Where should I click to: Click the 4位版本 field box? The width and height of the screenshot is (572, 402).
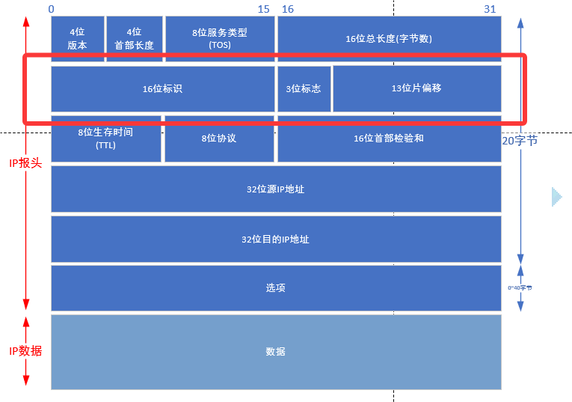(77, 38)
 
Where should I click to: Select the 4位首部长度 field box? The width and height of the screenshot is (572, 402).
(134, 38)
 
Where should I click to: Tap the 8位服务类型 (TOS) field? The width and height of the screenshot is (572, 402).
(219, 38)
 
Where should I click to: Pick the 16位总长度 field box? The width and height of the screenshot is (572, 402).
(389, 38)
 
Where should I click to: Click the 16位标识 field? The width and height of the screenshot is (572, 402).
(162, 88)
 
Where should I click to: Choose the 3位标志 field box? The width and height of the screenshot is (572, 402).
(304, 88)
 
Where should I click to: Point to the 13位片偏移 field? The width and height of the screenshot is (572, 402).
(416, 88)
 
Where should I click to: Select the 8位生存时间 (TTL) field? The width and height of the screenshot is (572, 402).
(105, 138)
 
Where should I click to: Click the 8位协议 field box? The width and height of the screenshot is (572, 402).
(218, 138)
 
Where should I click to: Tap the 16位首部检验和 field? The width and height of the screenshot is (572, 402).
(389, 138)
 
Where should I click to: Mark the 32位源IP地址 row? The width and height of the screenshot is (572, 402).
(275, 189)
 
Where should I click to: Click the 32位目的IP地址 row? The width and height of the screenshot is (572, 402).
(275, 240)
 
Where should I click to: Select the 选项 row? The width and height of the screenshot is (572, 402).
(275, 288)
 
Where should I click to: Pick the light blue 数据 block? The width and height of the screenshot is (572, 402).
(275, 352)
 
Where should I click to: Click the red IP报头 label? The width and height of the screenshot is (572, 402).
(25, 162)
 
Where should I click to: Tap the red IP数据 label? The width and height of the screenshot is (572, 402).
(25, 350)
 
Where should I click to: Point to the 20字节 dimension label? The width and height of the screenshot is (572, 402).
(520, 140)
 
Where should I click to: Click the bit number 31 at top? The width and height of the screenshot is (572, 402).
(490, 9)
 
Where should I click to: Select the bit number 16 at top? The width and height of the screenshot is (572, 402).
(287, 9)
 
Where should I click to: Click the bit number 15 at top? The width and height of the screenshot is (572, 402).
(263, 9)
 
